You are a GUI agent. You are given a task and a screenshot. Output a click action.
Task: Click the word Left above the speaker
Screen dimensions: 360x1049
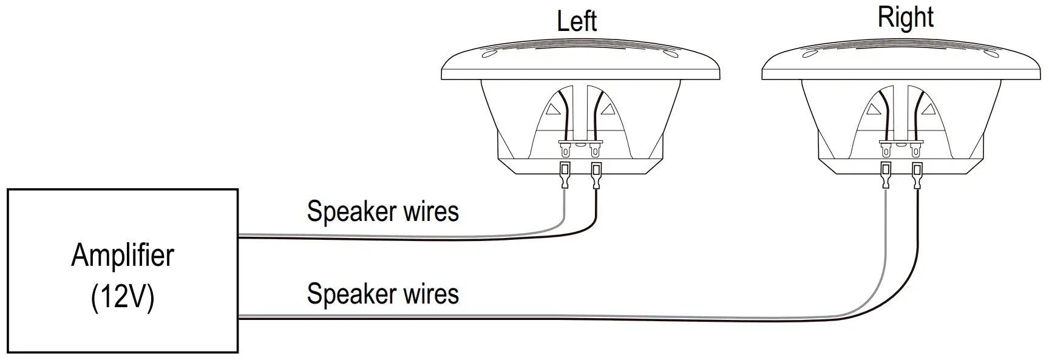577,21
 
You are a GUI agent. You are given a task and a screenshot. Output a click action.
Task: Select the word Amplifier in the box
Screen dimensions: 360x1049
123,255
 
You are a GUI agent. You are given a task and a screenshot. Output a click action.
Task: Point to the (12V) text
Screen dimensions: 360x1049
123,297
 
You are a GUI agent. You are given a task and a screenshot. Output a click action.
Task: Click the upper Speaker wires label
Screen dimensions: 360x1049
382,212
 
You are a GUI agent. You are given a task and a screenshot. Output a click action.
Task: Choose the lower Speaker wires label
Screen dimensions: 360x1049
382,294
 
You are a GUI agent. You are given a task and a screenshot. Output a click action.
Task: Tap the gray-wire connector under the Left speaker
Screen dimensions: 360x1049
565,175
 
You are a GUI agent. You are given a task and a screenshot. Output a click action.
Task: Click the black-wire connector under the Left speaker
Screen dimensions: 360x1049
596,175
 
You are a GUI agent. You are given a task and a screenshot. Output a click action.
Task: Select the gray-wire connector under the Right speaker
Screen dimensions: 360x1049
886,175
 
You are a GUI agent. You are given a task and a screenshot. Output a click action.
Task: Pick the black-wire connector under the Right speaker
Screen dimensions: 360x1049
917,175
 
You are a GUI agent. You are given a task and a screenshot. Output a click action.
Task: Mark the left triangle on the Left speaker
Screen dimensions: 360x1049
552,110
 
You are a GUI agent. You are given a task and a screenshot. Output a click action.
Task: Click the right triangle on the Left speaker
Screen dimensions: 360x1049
608,109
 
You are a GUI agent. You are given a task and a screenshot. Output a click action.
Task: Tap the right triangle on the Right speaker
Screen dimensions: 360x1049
928,109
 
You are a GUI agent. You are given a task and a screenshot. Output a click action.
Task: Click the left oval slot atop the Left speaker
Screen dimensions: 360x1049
489,55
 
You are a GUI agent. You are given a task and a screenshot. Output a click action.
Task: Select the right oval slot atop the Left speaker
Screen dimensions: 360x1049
671,55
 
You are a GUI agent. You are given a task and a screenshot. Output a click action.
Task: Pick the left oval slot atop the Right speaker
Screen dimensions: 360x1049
809,55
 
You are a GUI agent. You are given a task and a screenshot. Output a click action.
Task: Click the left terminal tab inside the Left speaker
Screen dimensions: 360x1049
566,148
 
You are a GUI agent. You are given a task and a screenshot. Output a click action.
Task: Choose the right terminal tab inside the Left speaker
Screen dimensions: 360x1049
596,148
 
